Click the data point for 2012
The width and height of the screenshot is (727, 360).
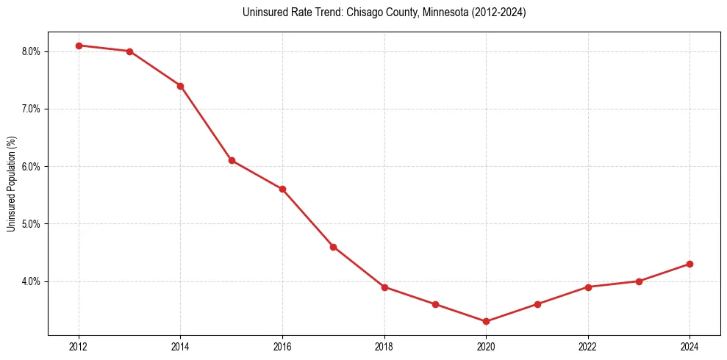[79, 46]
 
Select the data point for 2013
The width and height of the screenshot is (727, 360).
[129, 51]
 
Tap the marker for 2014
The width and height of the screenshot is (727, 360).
[180, 86]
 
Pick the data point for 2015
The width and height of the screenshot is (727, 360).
[232, 160]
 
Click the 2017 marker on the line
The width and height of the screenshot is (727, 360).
[333, 247]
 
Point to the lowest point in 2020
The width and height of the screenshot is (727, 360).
[486, 321]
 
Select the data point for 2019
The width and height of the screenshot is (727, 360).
[435, 304]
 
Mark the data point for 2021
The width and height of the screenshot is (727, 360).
[537, 304]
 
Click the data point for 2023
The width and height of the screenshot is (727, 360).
[639, 281]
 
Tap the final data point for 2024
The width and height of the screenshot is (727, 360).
[690, 264]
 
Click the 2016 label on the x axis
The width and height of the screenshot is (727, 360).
[282, 346]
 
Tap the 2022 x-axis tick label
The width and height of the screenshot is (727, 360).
[588, 346]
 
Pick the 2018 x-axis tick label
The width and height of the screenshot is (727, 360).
[384, 346]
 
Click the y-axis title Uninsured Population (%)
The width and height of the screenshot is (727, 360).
[11, 184]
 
